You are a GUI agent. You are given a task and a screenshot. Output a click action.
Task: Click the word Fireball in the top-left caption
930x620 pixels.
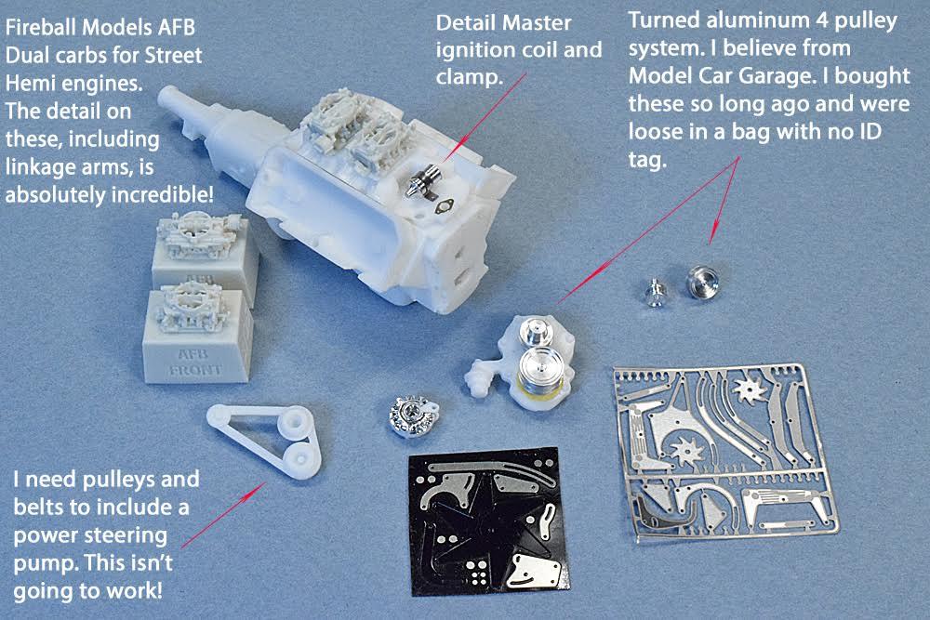41,27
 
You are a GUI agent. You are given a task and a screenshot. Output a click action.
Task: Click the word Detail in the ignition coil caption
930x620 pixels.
464,23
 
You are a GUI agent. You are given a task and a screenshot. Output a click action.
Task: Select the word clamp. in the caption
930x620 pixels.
469,77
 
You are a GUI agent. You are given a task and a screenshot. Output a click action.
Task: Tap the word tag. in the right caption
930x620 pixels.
647,160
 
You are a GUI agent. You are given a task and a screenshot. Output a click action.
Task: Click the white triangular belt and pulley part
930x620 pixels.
265,437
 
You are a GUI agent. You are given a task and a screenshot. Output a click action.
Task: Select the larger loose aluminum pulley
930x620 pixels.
703,283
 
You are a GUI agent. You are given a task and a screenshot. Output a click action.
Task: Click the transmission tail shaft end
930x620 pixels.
168,96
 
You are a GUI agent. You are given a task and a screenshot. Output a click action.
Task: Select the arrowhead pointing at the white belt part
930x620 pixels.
259,488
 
